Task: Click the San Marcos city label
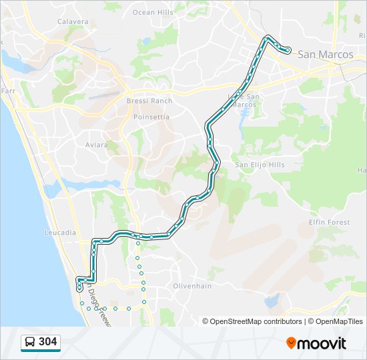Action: click(325, 55)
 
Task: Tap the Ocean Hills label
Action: click(153, 12)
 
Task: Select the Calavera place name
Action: click(73, 21)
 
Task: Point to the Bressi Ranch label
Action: click(149, 101)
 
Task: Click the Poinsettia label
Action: click(151, 117)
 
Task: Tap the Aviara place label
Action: click(97, 145)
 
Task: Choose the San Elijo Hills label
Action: click(259, 165)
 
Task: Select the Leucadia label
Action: click(59, 233)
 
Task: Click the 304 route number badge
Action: click(48, 342)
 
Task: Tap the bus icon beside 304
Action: click(30, 343)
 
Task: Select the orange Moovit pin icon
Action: click(292, 343)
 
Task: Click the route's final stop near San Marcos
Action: click(288, 50)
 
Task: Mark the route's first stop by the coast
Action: click(80, 289)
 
